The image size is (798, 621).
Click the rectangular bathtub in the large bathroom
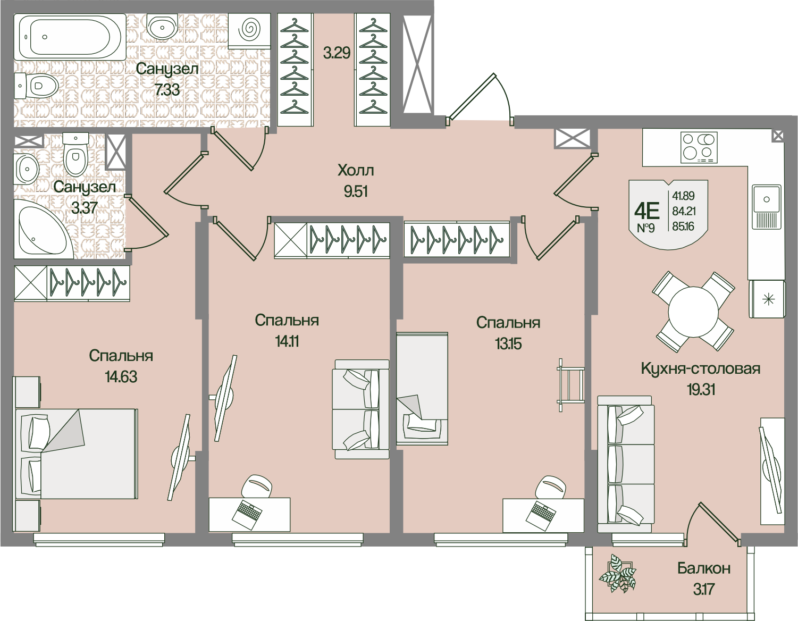pos(70,37)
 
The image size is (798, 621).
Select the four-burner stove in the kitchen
pos(699,147)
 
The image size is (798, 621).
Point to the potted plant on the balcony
pos(617,575)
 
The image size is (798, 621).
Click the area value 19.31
pos(700,390)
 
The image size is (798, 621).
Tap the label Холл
pos(356,171)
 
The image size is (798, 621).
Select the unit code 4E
pos(646,211)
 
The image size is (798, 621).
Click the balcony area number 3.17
pos(703,589)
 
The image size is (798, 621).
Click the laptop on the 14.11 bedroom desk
pos(248,513)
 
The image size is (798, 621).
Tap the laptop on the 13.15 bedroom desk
pos(542,513)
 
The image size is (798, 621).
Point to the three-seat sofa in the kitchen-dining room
pos(626,464)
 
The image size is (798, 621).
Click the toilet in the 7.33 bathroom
pos(37,85)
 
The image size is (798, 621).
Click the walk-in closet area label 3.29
pos(337,53)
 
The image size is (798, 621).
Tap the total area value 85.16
pos(684,226)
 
